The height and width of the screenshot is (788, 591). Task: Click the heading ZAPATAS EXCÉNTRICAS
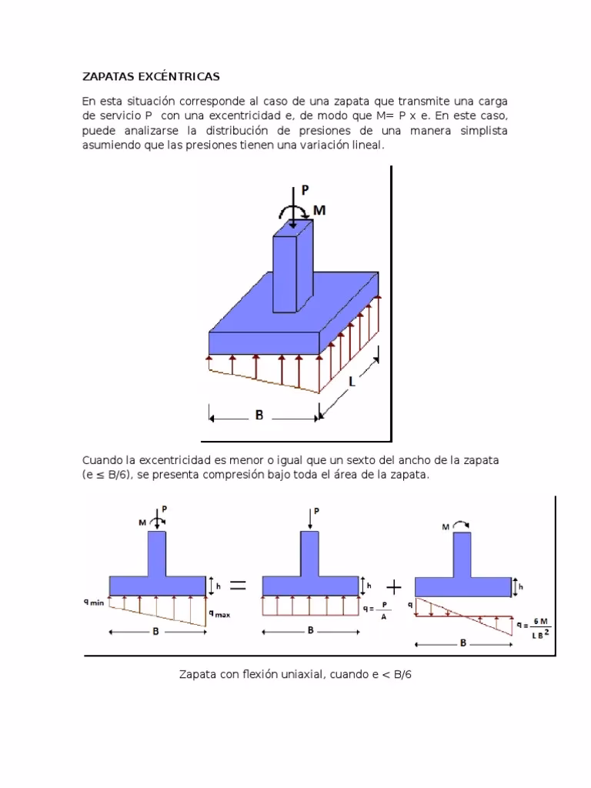pyautogui.click(x=151, y=76)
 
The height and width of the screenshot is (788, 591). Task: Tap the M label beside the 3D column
pyautogui.click(x=319, y=209)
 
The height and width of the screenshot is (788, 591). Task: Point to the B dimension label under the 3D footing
pyautogui.click(x=259, y=415)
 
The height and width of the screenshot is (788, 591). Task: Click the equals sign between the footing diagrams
pyautogui.click(x=238, y=586)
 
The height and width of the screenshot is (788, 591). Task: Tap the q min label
pyautogui.click(x=94, y=603)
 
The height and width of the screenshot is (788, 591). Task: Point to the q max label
pyautogui.click(x=219, y=613)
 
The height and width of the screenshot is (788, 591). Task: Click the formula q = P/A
pyautogui.click(x=376, y=612)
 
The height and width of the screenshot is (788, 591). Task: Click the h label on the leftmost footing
pyautogui.click(x=219, y=586)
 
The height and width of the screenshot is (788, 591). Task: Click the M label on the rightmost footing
pyautogui.click(x=446, y=528)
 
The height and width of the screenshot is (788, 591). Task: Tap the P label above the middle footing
pyautogui.click(x=316, y=510)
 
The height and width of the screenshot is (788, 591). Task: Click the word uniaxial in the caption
pyautogui.click(x=300, y=675)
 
